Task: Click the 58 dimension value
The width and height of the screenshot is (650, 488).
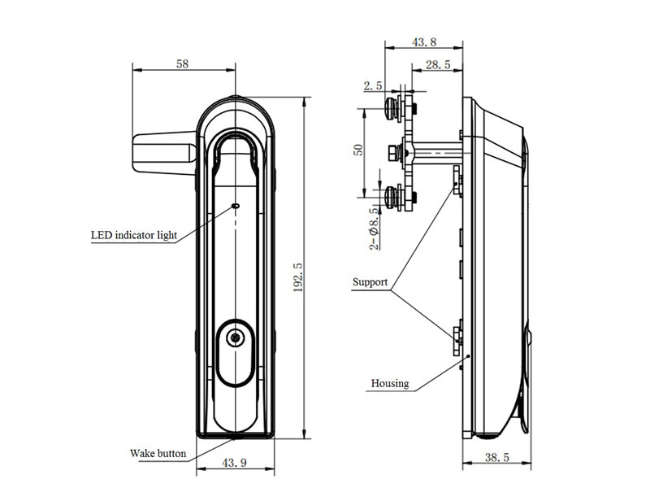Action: coord(182,64)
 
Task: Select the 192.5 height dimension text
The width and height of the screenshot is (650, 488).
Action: coord(298,277)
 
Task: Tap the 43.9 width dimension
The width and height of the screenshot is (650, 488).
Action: coord(234,462)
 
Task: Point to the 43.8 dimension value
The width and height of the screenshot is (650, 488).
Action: coord(424,42)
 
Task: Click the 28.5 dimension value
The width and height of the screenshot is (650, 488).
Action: coord(438,64)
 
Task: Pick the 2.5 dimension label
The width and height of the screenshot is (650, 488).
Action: coord(373,86)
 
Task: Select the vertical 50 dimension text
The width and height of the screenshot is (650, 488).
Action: coord(358,150)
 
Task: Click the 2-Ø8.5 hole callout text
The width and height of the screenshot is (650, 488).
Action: coord(374,229)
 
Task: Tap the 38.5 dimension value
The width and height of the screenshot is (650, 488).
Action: coord(496,457)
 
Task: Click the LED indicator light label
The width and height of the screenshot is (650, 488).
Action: coord(134,235)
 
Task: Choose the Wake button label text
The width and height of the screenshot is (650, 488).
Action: coord(158,453)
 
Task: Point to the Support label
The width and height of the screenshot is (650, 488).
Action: coord(370,282)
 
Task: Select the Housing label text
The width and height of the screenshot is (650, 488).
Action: coord(390,383)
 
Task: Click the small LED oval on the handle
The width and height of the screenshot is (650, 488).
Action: coord(236,205)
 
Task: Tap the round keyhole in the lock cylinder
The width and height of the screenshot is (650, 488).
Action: coord(236,338)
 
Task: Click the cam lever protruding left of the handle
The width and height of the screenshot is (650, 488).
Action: coord(164,152)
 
